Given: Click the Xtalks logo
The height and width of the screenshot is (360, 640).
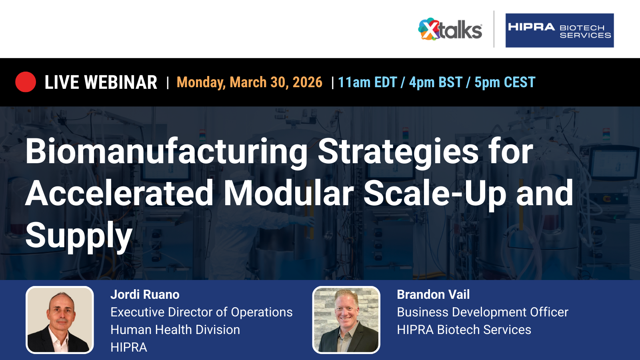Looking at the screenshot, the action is [450, 29].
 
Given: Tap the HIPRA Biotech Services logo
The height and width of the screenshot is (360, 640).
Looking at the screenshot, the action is [560, 30].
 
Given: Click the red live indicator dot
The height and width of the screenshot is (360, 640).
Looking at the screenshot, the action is [26, 82].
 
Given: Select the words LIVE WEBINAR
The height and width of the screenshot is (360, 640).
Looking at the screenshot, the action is [101, 82].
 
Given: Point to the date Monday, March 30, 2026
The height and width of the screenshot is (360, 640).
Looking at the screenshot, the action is [250, 82].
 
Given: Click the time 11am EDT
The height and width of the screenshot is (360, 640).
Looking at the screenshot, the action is [368, 82].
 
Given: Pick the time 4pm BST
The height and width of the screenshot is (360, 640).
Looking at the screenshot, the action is [436, 82].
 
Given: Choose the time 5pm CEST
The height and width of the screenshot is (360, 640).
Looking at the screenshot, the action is [505, 82].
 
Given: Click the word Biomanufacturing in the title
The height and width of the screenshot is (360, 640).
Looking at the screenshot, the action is [166, 152].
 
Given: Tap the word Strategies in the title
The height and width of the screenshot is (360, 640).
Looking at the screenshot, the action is [398, 152].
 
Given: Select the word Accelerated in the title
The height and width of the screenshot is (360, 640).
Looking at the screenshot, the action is [119, 193].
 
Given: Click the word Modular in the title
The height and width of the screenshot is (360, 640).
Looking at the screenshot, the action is [288, 193].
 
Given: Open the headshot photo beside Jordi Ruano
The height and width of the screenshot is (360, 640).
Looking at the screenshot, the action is [60, 320].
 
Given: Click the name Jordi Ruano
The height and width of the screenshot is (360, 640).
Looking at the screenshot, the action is [145, 294].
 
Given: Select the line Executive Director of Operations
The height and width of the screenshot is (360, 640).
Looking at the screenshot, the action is [202, 312].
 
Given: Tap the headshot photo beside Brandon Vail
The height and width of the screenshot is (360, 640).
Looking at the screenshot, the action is [346, 320].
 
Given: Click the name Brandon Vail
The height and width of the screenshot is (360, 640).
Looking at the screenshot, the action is [433, 294].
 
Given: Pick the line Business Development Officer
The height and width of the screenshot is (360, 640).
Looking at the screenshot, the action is [482, 312].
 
